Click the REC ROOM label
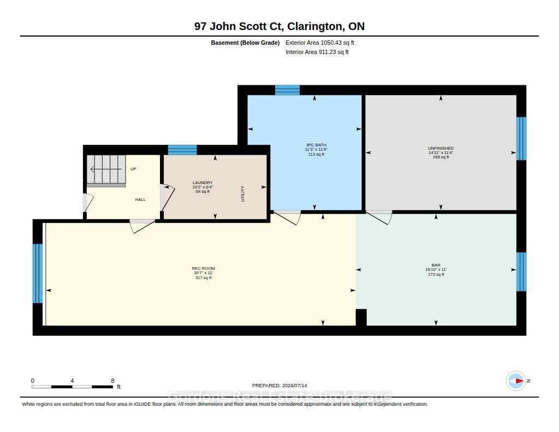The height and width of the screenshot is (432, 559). click(203, 268)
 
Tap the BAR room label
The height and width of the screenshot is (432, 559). click(436, 265)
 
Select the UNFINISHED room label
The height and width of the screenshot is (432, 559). click(441, 148)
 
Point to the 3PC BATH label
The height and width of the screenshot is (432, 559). click(316, 145)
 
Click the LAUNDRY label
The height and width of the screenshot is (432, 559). click(203, 182)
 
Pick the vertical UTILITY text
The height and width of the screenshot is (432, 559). click(243, 194)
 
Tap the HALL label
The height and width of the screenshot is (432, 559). click(140, 199)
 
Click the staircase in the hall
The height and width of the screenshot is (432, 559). click(106, 170)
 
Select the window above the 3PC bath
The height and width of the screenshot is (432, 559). click(287, 90)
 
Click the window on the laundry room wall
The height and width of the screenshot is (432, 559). click(182, 150)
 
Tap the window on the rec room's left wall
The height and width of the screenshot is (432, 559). click(38, 273)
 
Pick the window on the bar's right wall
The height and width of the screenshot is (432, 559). click(521, 272)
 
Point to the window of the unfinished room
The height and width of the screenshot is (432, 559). click(521, 138)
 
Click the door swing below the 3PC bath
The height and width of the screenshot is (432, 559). click(287, 217)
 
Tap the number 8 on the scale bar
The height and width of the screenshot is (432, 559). click(112, 381)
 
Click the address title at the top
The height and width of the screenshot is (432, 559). click(279, 26)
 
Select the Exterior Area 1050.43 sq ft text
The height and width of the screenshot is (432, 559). click(320, 43)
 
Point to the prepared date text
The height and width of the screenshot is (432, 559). click(279, 386)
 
